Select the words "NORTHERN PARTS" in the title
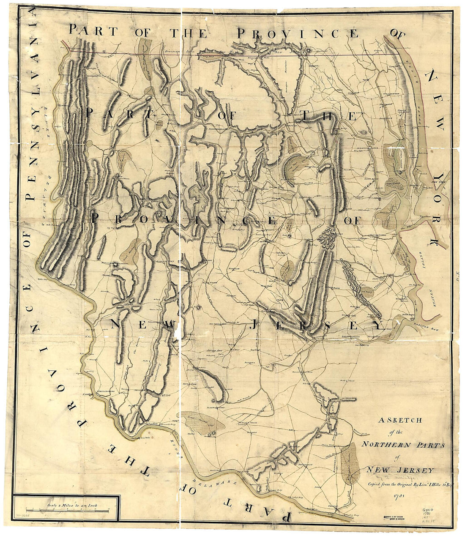pos(403,444)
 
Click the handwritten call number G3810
pos(429,511)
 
